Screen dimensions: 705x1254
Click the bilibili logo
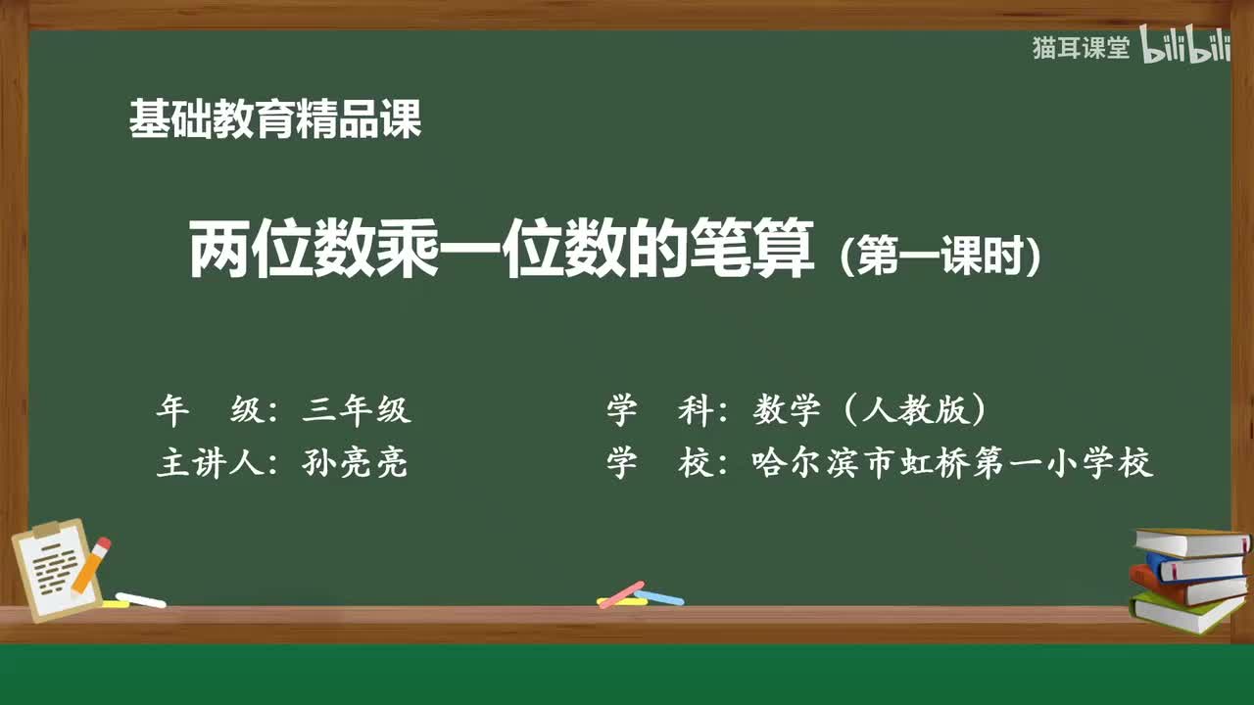point(1186,47)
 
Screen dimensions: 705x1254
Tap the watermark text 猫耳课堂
point(1081,48)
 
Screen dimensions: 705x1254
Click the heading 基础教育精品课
point(275,120)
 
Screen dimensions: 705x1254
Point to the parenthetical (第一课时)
point(940,257)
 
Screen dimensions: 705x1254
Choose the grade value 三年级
point(357,410)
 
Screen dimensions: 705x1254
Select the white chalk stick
point(140,599)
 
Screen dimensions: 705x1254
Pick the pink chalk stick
point(620,593)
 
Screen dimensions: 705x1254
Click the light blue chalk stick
point(659,596)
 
